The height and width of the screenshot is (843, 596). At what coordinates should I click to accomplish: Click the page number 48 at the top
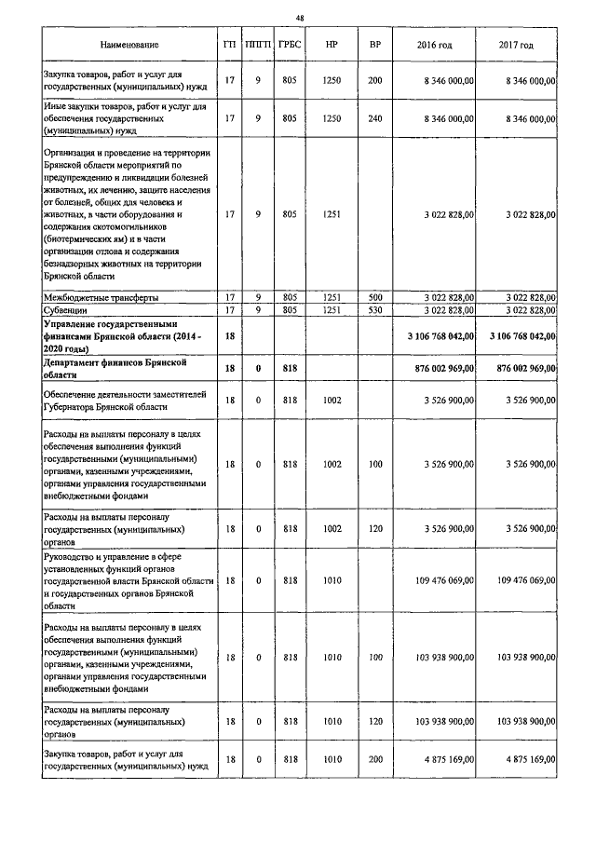[x=300, y=18]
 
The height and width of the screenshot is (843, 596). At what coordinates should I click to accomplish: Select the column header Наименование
[x=129, y=45]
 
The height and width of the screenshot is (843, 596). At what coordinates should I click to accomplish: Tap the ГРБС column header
[x=289, y=45]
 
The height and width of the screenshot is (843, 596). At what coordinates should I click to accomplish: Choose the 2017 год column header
[x=516, y=45]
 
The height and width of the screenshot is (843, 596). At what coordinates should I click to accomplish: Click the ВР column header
[x=375, y=45]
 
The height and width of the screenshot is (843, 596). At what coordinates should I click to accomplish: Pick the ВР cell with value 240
[x=375, y=119]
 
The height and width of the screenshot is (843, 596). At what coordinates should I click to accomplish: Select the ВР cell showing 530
[x=375, y=308]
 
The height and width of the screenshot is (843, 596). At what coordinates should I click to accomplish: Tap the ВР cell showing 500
[x=375, y=296]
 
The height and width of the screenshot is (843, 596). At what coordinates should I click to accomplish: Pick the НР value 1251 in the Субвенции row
[x=332, y=308]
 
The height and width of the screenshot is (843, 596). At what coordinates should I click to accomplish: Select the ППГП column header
[x=256, y=45]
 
